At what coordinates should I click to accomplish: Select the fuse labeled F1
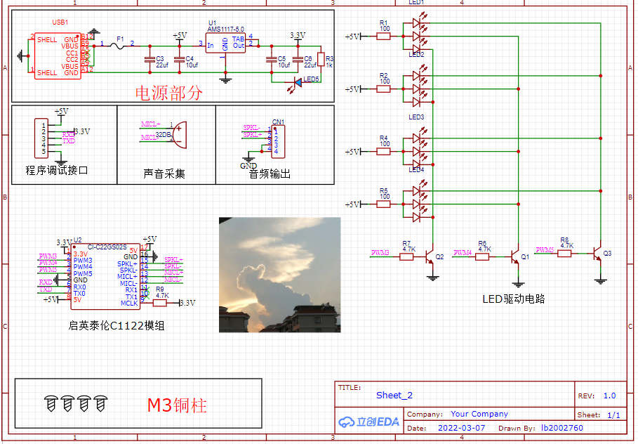pyautogui.click(x=120, y=46)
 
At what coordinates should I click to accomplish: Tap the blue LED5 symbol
pyautogui.click(x=297, y=82)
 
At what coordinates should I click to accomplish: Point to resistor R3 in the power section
pyautogui.click(x=321, y=58)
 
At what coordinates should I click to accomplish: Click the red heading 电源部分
pyautogui.click(x=168, y=93)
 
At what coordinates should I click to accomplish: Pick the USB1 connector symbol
pyautogui.click(x=58, y=55)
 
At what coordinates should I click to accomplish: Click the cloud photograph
pyautogui.click(x=279, y=275)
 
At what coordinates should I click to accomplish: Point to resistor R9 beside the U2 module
pyautogui.click(x=160, y=303)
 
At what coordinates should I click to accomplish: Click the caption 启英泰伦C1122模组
pyautogui.click(x=116, y=325)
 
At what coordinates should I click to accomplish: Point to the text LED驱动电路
pyautogui.click(x=513, y=299)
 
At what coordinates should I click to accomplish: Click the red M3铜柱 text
pyautogui.click(x=177, y=405)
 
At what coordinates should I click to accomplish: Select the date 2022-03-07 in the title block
pyautogui.click(x=460, y=428)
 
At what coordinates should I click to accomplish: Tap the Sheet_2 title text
pyautogui.click(x=394, y=396)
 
